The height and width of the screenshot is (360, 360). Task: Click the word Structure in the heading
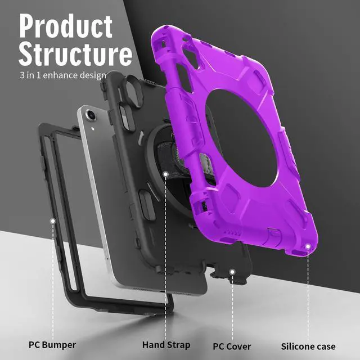(75, 54)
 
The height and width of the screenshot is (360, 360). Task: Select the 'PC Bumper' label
(52, 344)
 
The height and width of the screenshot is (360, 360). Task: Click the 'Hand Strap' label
(165, 344)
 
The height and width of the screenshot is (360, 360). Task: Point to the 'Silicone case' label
(308, 346)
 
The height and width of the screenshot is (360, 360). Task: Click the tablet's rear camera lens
(91, 116)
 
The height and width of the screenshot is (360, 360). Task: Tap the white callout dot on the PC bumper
(52, 221)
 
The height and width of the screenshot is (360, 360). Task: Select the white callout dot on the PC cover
(231, 272)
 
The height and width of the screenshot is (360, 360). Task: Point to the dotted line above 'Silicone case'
(308, 292)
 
